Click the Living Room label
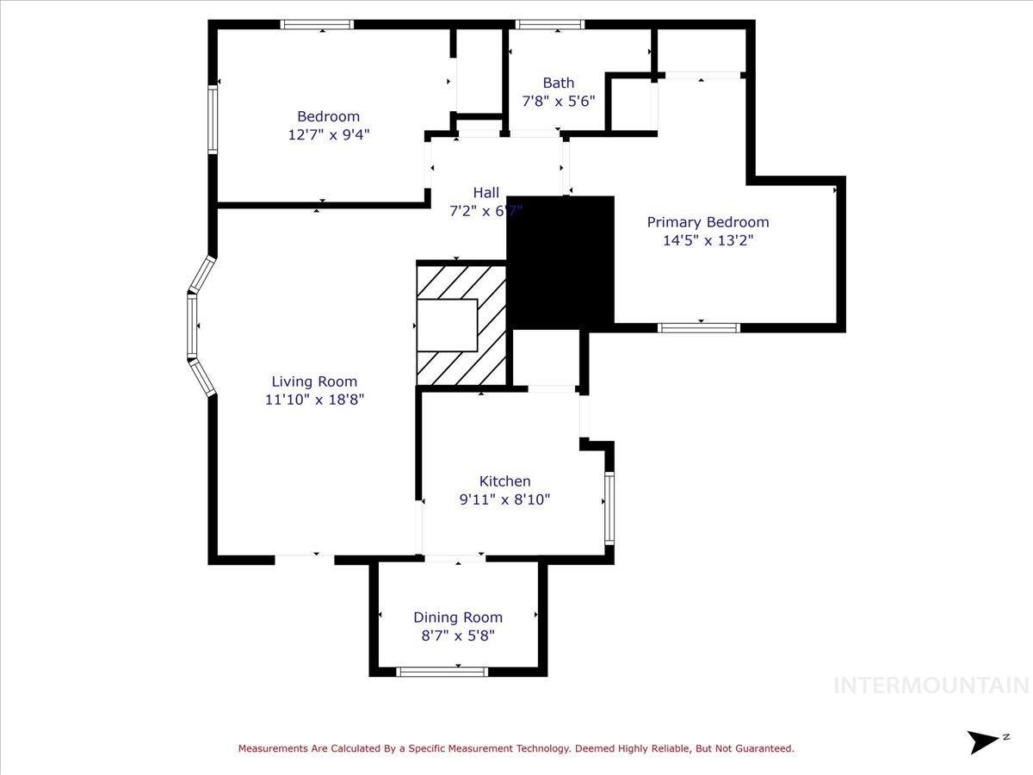coord(314,381)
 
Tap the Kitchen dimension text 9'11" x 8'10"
coord(504,499)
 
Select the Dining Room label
coord(458,617)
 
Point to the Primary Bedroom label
coord(708,222)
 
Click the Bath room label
coord(559,83)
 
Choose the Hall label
coord(486,193)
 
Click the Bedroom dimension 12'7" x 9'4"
coord(329,134)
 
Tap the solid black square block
coord(560,262)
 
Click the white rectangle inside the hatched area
coord(447,325)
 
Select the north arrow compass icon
coord(984,741)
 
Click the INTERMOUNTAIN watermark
coord(931,685)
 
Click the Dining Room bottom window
coord(442,672)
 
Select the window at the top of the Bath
coord(550,25)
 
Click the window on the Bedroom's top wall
coord(318,25)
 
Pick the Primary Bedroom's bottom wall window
coord(699,327)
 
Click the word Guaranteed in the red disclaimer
coord(761,749)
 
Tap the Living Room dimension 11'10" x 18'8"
coord(314,400)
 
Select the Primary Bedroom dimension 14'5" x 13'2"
coord(708,240)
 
